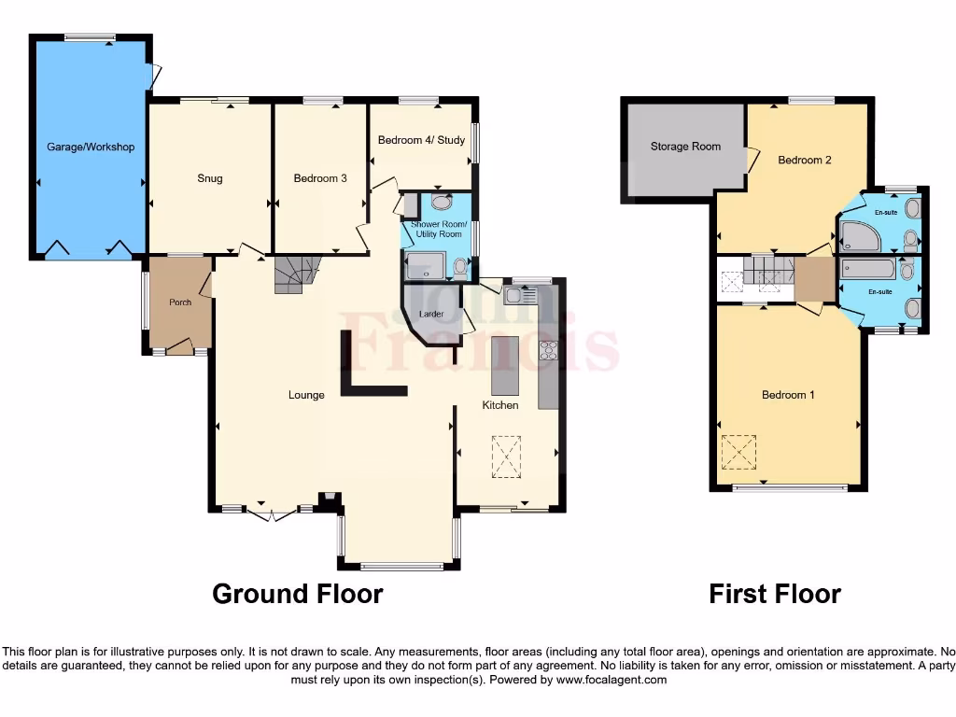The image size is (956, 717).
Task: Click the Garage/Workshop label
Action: [91, 147]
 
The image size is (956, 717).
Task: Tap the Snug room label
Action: [210, 178]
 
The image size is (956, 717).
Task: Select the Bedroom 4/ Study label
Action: [421, 140]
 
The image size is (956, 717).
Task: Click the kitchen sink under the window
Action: [519, 296]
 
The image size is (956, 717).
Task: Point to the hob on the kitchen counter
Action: [547, 351]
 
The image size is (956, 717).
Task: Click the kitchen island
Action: [504, 365]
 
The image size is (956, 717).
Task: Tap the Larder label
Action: [430, 314]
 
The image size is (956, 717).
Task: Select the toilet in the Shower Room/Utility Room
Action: [459, 267]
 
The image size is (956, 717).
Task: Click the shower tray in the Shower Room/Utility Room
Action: [425, 266]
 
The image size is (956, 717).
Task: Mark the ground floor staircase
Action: [296, 274]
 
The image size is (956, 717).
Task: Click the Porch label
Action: [179, 302]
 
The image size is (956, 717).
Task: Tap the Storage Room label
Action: [686, 147]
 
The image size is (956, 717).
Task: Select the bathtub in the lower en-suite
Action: [868, 270]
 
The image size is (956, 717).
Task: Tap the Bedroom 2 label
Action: [805, 160]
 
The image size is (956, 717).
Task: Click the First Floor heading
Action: [775, 594]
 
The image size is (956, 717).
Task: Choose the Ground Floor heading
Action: [298, 594]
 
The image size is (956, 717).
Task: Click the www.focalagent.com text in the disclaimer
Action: [612, 680]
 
